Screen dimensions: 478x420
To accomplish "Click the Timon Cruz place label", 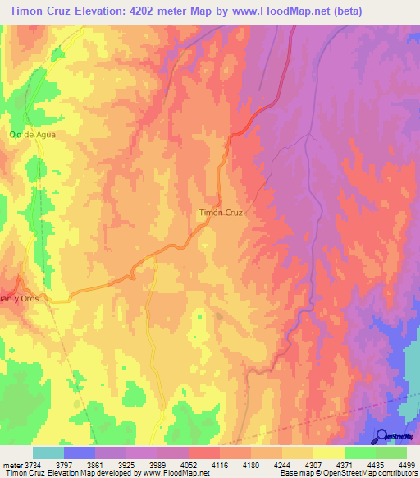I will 221,212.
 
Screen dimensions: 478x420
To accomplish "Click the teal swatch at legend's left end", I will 48,453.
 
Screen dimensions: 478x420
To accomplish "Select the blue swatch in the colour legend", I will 80,453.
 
